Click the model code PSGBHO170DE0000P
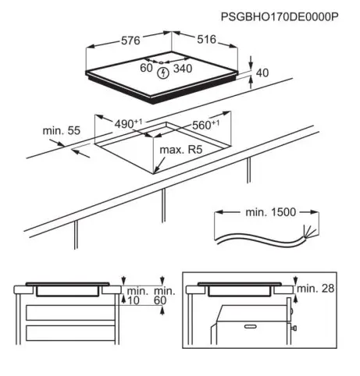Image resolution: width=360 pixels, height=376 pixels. (x=280, y=17)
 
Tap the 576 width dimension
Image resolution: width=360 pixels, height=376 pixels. (x=130, y=41)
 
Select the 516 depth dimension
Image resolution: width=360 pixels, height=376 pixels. (x=207, y=39)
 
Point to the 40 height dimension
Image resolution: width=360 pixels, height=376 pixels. (x=262, y=73)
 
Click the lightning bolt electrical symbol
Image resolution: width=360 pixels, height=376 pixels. (x=163, y=73)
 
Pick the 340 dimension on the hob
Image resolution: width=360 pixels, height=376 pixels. (x=183, y=69)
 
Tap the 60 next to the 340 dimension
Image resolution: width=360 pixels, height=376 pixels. (x=146, y=68)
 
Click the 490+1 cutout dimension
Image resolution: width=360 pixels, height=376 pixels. (x=128, y=124)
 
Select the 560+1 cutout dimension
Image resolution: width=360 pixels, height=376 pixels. (x=205, y=125)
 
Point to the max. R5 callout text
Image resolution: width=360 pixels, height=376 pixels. (x=181, y=150)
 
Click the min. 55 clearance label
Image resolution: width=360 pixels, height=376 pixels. (x=62, y=130)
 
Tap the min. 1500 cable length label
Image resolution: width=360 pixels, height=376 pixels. (x=271, y=212)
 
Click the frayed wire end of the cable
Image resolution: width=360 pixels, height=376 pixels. (x=309, y=232)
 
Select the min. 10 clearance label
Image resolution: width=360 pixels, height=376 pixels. (x=137, y=296)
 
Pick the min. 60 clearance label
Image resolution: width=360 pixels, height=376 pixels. (x=165, y=296)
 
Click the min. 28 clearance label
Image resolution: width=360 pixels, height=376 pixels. (x=315, y=289)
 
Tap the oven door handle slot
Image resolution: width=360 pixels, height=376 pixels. (x=250, y=327)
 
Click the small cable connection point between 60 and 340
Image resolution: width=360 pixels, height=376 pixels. (x=161, y=62)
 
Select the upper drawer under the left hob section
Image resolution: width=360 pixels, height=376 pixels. (x=70, y=313)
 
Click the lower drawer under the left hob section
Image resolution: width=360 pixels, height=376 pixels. (x=70, y=333)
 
